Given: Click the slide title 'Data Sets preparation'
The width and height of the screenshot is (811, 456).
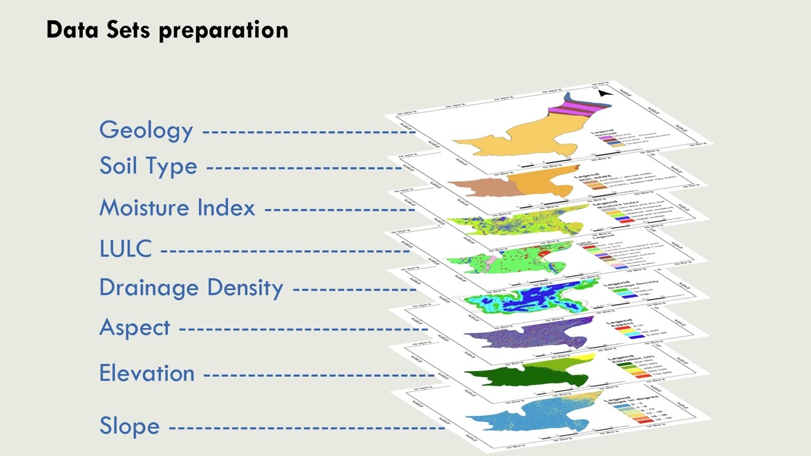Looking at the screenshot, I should [x=167, y=30].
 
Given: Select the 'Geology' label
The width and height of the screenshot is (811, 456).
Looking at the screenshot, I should [x=146, y=130].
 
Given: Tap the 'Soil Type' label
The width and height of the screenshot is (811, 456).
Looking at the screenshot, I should [x=148, y=167].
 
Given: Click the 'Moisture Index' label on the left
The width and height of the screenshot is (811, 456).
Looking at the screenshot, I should [x=177, y=208].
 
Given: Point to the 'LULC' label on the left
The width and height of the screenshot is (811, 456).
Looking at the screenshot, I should [x=125, y=249].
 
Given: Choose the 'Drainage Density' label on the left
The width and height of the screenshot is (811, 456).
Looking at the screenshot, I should [x=191, y=288].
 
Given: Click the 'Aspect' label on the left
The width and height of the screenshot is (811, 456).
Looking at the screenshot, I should [x=135, y=327].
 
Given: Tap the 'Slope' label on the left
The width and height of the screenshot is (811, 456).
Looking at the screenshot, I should [x=129, y=426].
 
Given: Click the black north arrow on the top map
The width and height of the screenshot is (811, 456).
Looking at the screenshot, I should [x=604, y=94].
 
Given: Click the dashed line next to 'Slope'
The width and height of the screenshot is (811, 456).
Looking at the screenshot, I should [x=307, y=427].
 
